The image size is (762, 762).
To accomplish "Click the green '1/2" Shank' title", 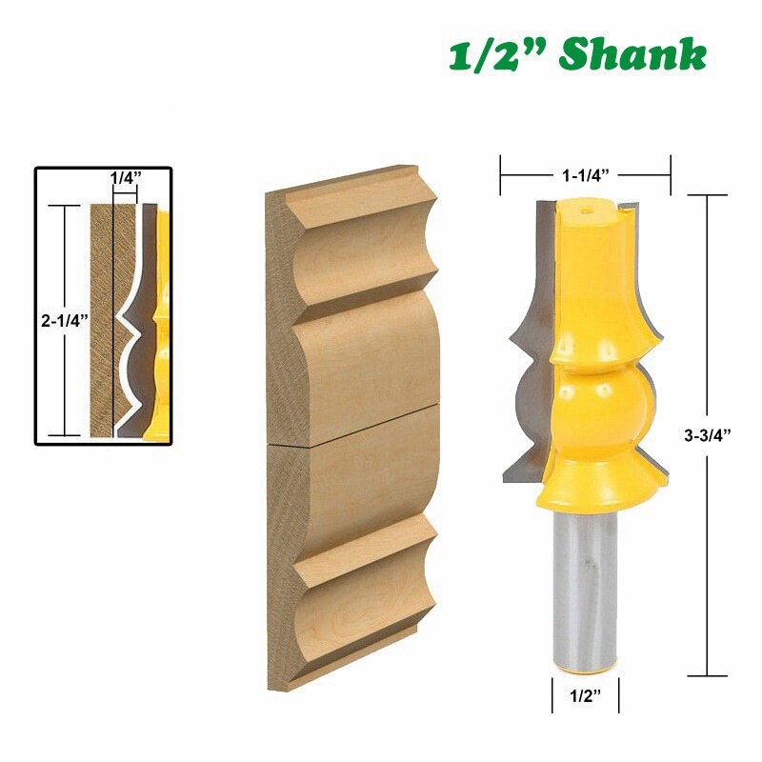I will click(x=577, y=55).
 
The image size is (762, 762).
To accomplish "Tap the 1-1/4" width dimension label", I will click(x=585, y=175).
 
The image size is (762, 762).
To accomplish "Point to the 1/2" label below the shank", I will click(x=586, y=696).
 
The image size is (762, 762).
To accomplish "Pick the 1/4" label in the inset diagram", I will click(x=125, y=178).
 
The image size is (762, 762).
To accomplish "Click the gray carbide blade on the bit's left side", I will click(x=530, y=381).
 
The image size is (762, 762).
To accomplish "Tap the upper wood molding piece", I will click(x=357, y=305).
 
